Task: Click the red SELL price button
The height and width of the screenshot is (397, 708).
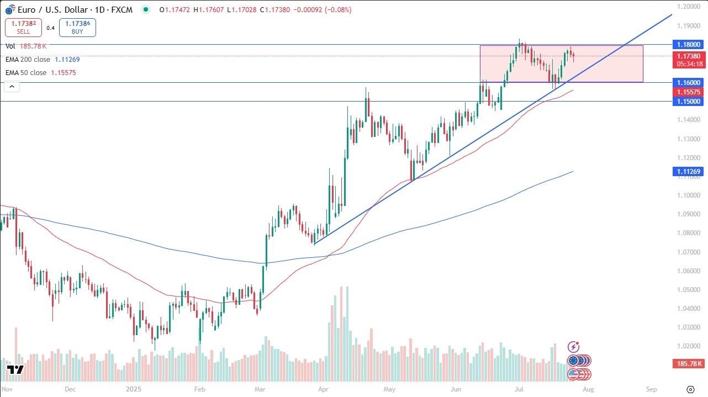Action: tap(23, 28)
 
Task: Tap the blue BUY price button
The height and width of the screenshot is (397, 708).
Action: tap(77, 28)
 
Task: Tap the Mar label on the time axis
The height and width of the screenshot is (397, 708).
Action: tap(260, 389)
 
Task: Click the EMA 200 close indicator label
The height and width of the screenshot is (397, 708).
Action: tap(28, 60)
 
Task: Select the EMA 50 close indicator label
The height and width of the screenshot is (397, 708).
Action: tap(25, 72)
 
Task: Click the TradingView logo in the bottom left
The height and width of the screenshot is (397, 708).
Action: tap(15, 370)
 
